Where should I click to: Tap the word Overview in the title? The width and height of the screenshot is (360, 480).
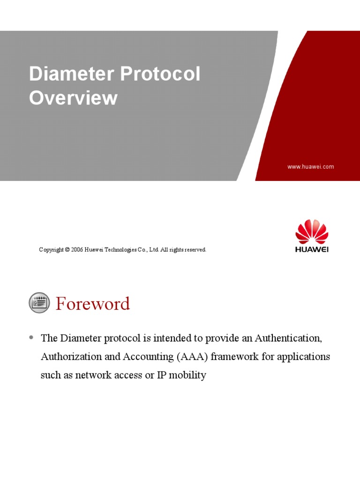[x=73, y=98]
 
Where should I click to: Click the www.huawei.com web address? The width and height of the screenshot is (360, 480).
[x=310, y=166]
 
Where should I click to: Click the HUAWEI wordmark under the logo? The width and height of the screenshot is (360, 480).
[x=312, y=249]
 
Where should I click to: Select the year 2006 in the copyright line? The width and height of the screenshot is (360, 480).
[x=77, y=250]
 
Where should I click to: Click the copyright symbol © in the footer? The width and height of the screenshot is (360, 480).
[x=67, y=250]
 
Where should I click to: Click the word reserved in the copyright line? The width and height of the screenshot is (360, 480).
[x=195, y=250]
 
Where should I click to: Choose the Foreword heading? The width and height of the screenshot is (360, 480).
[x=93, y=304]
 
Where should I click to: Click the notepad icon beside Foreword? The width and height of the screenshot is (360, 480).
[x=39, y=303]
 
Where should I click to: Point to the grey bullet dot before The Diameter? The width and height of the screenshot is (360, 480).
[x=31, y=337]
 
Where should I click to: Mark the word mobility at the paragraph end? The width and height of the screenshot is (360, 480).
[x=188, y=375]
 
